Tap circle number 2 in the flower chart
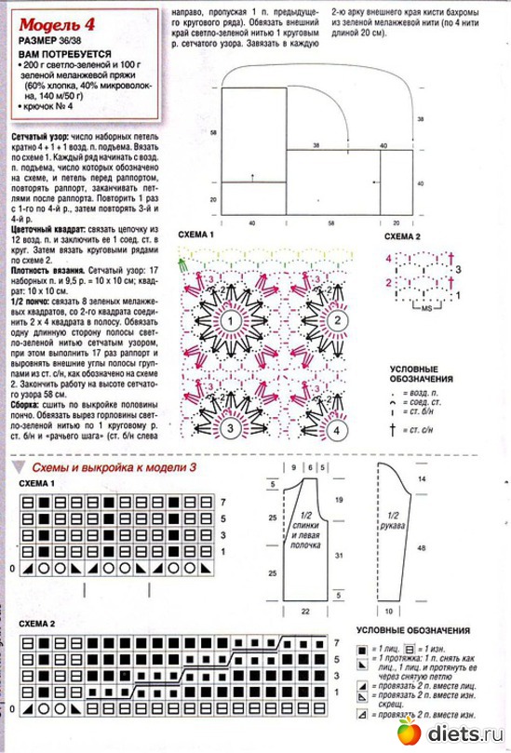[332, 319]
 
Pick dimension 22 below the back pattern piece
[305, 612]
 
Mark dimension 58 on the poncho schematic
[213, 133]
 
